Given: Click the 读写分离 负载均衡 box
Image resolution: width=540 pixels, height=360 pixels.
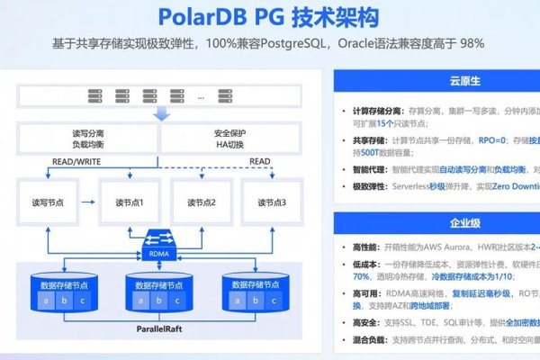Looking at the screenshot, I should click(88, 138).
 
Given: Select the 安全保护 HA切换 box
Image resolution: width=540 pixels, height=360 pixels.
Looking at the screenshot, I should click(232, 138).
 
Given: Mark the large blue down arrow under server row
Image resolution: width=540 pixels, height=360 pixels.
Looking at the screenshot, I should click(161, 113).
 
